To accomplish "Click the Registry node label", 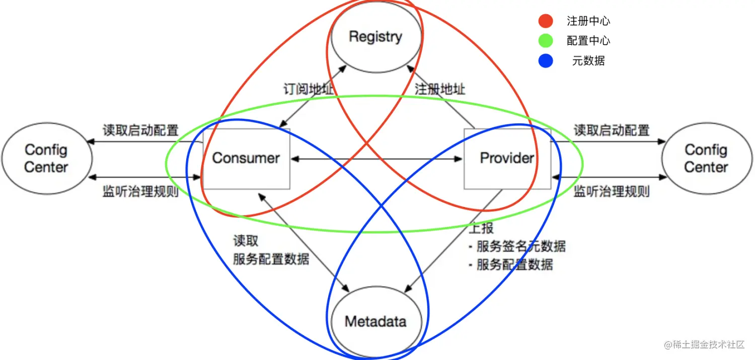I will tap(375, 37).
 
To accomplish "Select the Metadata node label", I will tap(375, 321).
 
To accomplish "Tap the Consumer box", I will tap(246, 158).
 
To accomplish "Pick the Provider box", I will tap(507, 158).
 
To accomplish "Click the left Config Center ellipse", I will tap(46, 158).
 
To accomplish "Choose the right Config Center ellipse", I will tap(706, 158).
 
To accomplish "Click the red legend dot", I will tap(546, 21).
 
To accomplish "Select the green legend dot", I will tap(546, 41).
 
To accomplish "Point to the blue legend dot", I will tap(546, 61).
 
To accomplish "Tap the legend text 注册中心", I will tap(588, 21).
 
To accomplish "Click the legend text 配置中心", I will tap(588, 41).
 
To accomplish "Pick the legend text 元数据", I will tap(588, 61).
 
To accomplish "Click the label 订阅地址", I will tap(308, 90).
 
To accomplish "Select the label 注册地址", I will tap(440, 90).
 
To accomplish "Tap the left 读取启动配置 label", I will tap(141, 130).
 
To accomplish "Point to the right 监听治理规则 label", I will tap(612, 191).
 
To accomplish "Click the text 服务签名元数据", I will tap(521, 246).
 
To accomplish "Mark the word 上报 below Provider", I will tap(481, 228).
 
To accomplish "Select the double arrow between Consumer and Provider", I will tap(376, 159).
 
